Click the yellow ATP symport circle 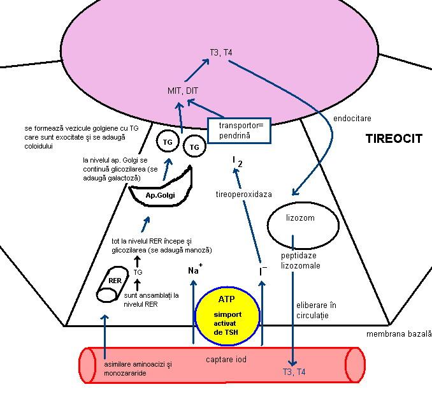228,315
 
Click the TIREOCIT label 393,138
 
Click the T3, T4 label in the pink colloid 219,52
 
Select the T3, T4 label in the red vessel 293,371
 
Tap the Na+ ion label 194,270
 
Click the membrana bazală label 399,334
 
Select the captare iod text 226,360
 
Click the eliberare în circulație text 317,310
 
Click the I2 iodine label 236,161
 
